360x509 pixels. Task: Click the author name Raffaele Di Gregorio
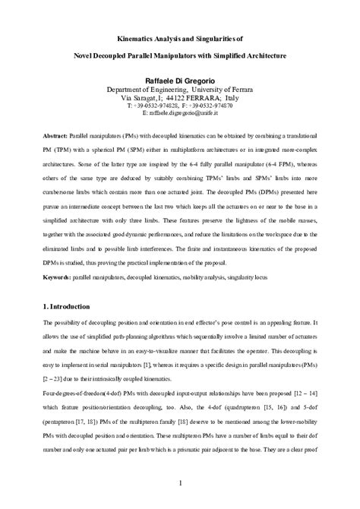tap(180, 79)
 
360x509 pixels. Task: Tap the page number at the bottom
tap(180, 482)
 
